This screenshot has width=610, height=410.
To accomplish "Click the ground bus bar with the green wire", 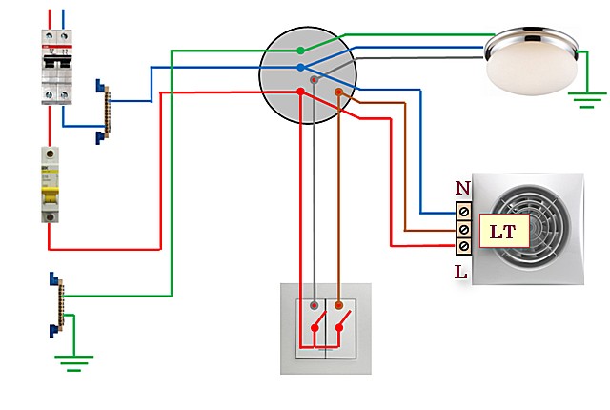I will pos(55,305).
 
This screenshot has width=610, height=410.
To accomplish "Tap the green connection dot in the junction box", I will pos(301,49).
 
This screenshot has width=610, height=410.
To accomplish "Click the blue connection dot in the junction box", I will pos(301,68).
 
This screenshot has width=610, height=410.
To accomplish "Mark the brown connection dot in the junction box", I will pos(338,92).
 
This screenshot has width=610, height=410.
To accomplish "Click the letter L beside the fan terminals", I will pos(460,273).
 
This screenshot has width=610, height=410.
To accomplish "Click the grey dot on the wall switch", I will pos(313,305).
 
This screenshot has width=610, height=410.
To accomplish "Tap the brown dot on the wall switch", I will pos(338,305).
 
